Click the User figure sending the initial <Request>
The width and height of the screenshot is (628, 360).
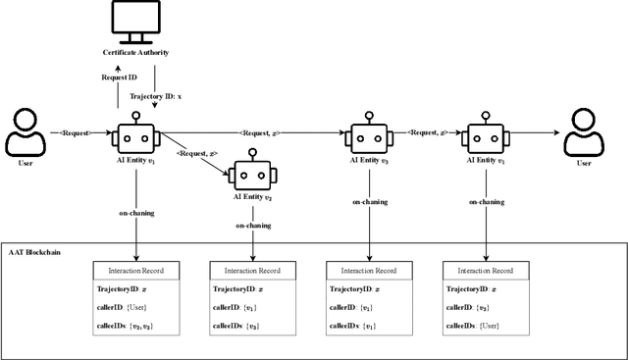tap(26, 136)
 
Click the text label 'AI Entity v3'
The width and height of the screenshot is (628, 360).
tap(370, 160)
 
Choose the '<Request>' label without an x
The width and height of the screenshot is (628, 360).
tap(76, 131)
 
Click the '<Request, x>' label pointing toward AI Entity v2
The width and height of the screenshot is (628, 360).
tap(197, 153)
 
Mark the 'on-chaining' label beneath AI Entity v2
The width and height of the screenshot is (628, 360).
tap(253, 225)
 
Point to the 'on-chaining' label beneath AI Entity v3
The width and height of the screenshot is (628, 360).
tap(371, 203)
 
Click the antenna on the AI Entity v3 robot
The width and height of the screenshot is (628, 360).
tap(370, 117)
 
